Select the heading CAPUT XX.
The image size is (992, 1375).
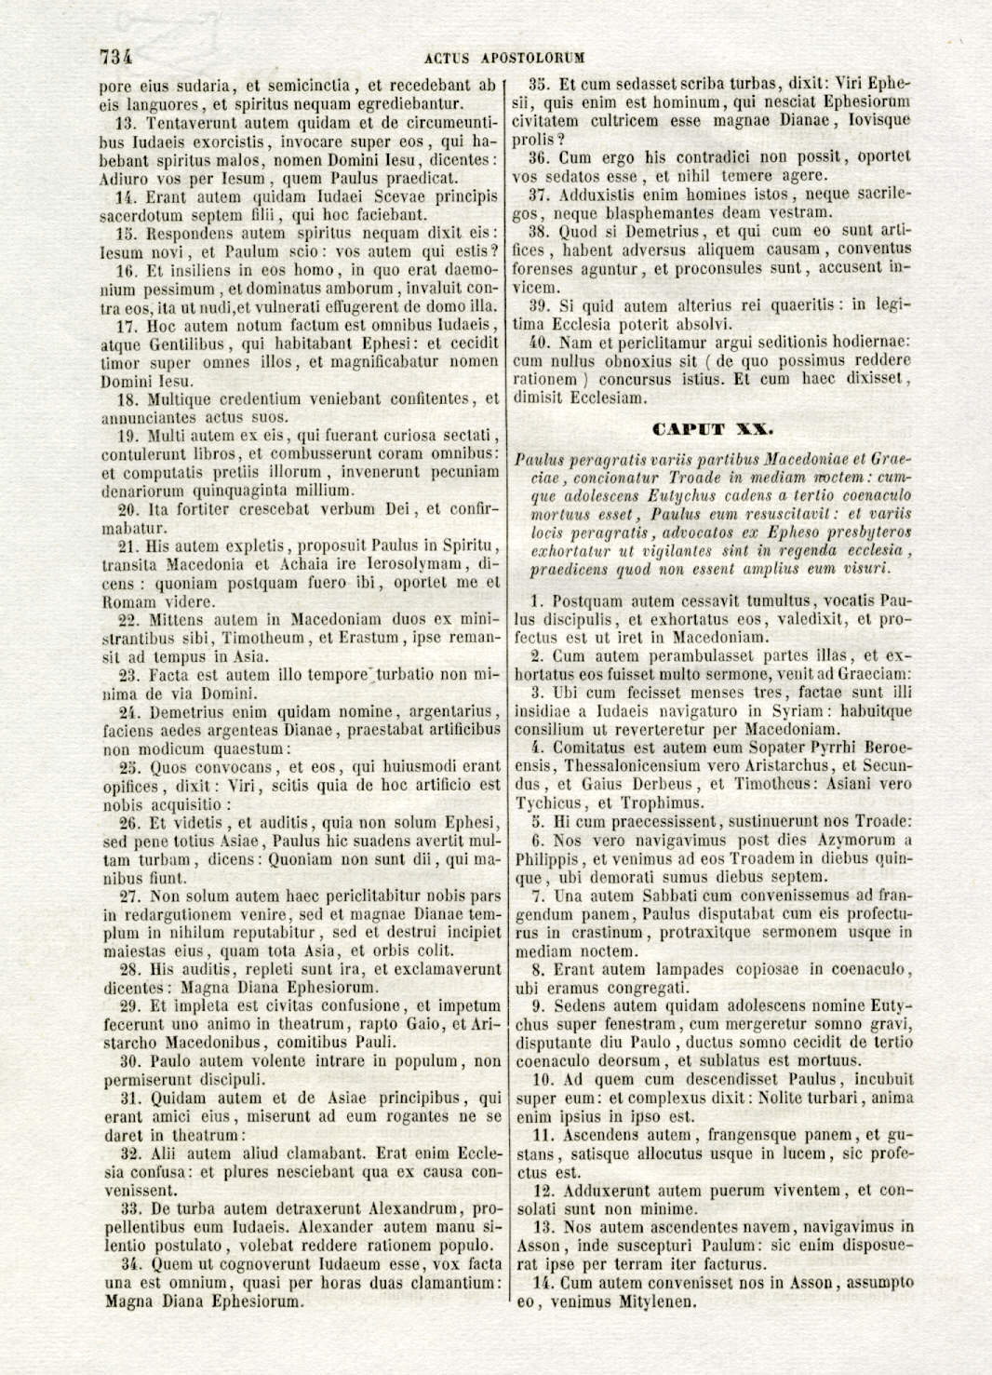(x=713, y=428)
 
